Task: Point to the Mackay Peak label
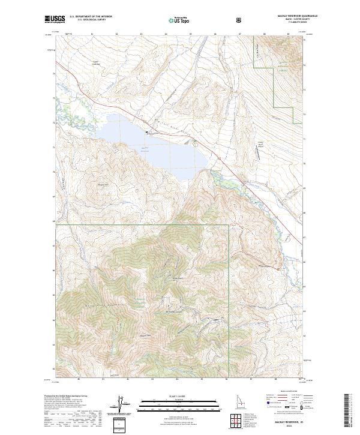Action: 145,335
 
